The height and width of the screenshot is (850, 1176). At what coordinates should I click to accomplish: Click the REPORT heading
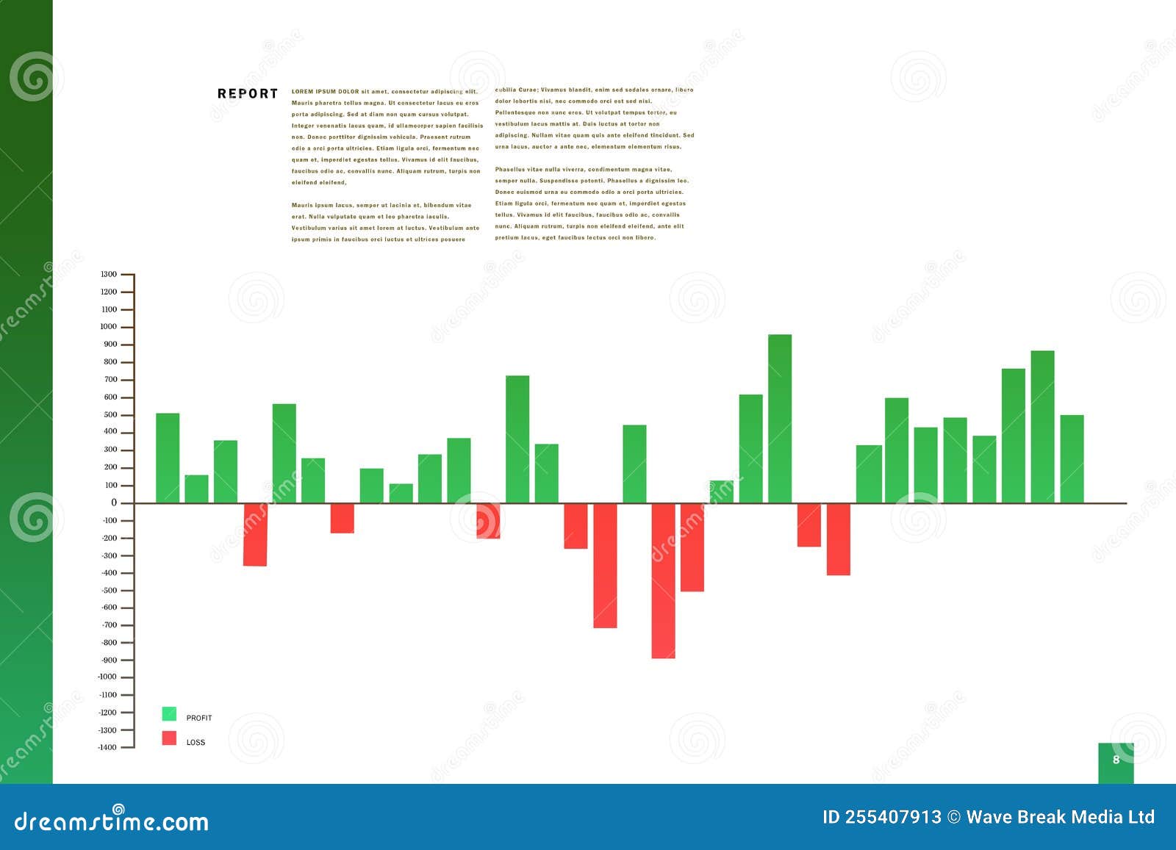point(248,94)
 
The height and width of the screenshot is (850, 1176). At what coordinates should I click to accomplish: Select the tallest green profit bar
point(780,419)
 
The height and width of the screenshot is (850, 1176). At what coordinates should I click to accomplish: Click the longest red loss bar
point(663,580)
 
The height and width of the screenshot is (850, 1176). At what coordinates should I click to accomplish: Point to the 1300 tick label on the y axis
point(109,275)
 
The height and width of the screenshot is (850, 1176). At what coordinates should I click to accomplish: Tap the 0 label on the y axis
point(114,503)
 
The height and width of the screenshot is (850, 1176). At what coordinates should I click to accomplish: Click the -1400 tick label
point(107,747)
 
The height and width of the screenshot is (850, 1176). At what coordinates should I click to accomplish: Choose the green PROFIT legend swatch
point(169,714)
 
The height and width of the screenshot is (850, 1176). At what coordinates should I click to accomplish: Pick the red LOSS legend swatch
point(169,738)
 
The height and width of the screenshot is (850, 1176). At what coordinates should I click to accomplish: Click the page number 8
point(1116,760)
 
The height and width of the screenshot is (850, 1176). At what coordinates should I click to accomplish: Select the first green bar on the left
point(168,458)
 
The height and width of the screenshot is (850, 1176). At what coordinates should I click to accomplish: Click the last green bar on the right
point(1072,459)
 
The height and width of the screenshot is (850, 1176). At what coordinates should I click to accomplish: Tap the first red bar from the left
point(255,534)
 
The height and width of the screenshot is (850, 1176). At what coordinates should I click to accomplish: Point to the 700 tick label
point(110,380)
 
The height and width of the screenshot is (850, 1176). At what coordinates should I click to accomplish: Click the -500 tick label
point(108,591)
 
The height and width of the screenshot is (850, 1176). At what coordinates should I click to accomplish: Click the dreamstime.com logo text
point(112,821)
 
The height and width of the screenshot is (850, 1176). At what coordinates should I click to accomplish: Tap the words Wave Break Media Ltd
point(1061,818)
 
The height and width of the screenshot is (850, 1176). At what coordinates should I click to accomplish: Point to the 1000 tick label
point(109,327)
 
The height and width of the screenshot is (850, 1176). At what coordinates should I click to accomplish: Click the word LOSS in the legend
point(196,743)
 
